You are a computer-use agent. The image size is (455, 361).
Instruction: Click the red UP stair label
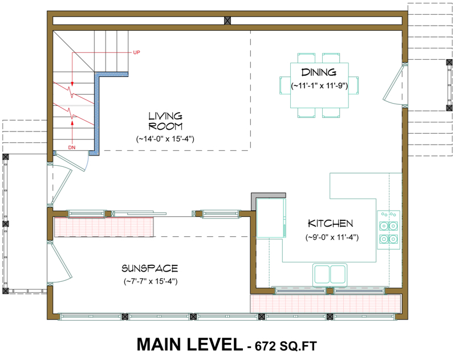(136, 52)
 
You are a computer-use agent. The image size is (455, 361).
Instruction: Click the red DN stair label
(72, 147)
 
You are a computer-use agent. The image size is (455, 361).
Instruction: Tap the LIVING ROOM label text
(165, 121)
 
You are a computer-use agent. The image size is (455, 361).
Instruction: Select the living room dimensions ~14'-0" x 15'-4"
(165, 139)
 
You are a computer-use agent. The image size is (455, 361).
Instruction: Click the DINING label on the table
(319, 72)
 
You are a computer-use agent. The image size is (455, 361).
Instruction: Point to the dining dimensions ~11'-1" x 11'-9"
(319, 86)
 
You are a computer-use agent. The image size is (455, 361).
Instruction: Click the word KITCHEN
(331, 223)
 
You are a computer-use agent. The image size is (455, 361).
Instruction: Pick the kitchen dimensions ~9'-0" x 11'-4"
(332, 237)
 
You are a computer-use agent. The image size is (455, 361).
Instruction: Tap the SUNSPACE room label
(150, 269)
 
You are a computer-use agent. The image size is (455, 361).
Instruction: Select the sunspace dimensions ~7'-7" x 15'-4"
(151, 281)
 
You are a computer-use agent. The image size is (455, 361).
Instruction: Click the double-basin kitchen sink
(330, 274)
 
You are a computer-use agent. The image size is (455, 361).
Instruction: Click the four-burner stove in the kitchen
(388, 230)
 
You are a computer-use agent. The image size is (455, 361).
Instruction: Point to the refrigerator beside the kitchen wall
(271, 218)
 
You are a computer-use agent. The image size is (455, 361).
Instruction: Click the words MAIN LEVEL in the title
(189, 345)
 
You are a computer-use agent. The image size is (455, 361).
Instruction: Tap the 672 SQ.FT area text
(286, 346)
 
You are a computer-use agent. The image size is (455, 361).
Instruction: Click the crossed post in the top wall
(227, 20)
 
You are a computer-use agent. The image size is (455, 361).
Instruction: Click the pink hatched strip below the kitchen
(326, 303)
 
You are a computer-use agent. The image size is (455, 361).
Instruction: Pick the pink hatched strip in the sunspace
(104, 227)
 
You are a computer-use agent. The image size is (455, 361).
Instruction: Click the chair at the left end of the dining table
(285, 85)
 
